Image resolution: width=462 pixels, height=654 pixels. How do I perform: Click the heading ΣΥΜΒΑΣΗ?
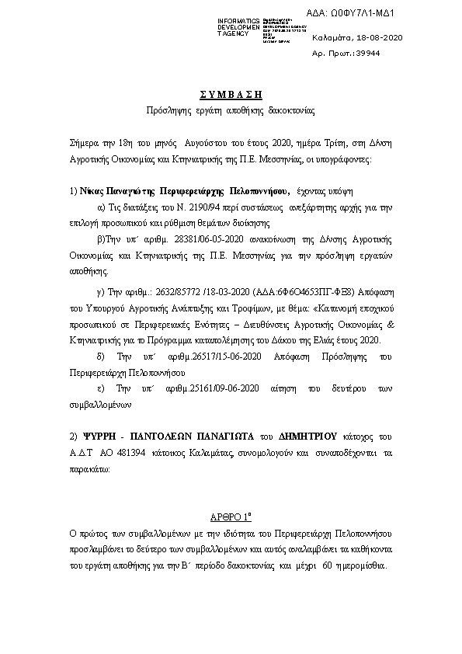231,94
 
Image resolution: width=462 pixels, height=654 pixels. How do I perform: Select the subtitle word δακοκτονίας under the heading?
290,111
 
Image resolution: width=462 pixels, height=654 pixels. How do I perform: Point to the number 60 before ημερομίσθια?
327,565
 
